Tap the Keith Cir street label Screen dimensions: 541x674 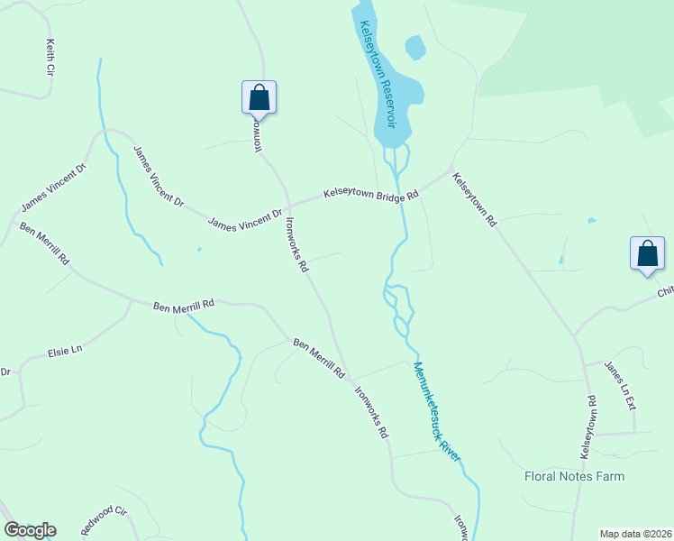coord(51,57)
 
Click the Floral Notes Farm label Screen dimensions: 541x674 coord(574,476)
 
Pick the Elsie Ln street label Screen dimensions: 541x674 coord(65,349)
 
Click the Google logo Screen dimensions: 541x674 coord(30,530)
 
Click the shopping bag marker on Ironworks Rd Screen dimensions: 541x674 coord(259,97)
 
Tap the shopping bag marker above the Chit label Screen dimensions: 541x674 coord(647,252)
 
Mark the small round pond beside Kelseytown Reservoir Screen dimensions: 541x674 coord(415,47)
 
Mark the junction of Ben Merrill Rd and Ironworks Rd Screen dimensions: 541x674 coord(351,379)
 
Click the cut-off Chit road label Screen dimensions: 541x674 coord(665,291)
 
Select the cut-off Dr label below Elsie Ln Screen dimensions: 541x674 coord(5,371)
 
